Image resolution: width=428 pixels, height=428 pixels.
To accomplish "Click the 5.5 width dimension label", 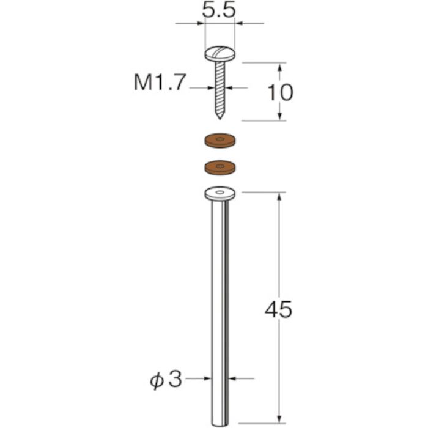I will point(220,10).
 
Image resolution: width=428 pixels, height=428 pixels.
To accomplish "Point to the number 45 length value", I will point(279,310).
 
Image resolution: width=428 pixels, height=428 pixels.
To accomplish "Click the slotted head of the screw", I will point(220,53).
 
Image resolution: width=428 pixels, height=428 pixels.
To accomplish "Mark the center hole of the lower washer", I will point(220,164).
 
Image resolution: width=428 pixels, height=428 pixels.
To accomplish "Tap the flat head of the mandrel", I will point(220,193).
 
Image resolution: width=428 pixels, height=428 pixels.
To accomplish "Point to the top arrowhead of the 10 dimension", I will point(279,66).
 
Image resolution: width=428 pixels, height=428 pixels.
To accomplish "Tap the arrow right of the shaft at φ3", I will point(234,379).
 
